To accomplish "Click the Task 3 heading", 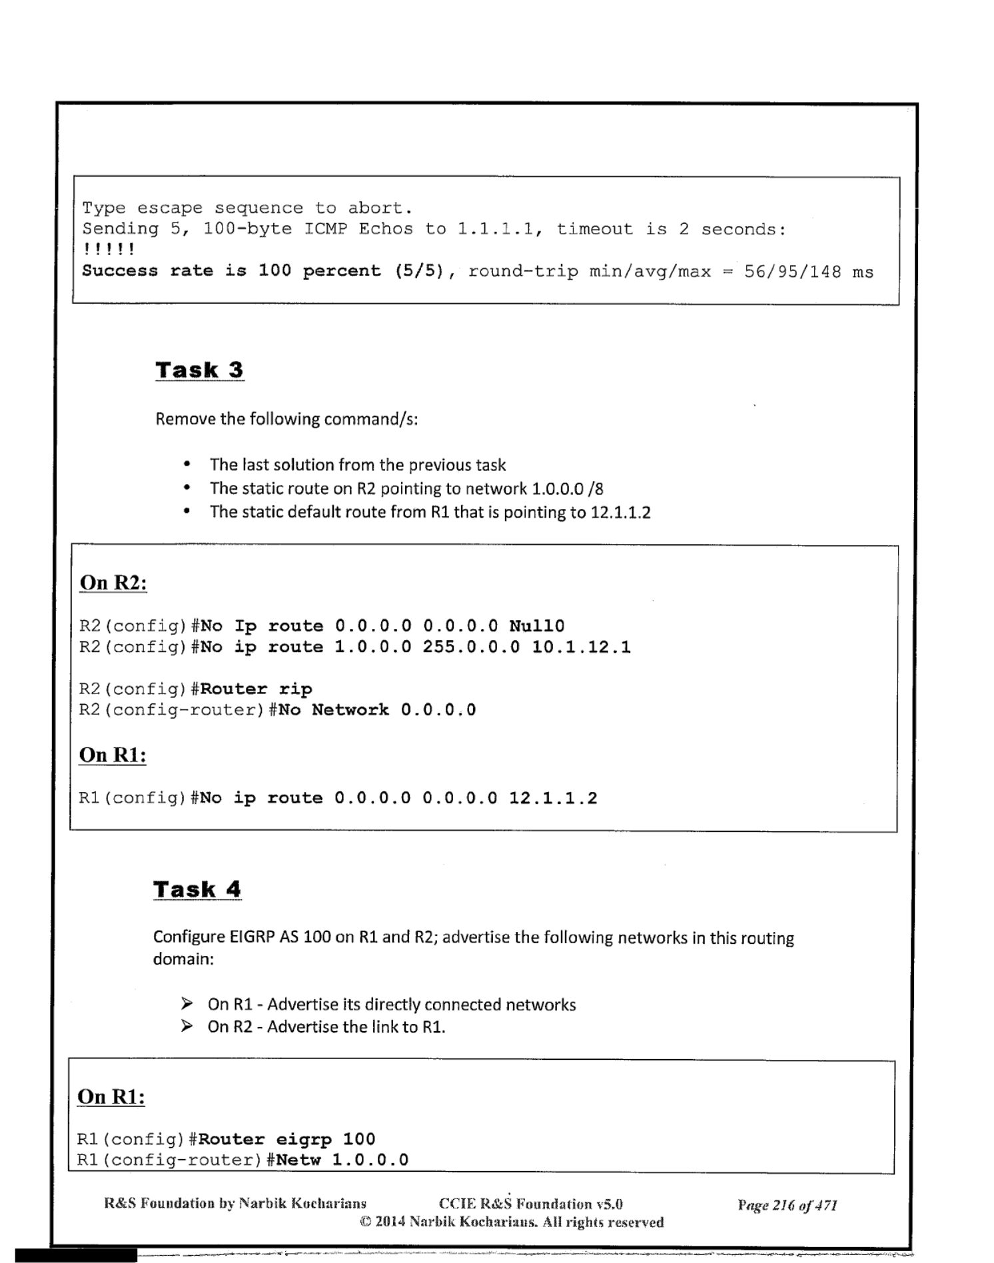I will (199, 370).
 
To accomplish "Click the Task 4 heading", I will (197, 889).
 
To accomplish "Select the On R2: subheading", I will (113, 583).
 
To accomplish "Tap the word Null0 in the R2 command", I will (536, 626).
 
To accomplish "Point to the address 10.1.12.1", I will (581, 647).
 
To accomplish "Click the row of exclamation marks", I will (109, 250).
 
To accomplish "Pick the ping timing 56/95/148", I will (793, 272).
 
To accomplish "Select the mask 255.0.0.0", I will (471, 647).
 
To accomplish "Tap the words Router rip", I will (256, 689).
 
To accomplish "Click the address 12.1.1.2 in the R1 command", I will (553, 798).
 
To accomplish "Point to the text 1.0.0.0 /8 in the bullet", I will (567, 489).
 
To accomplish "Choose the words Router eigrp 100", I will (286, 1139).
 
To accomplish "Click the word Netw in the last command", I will (298, 1160).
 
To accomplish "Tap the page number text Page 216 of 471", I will (787, 1205).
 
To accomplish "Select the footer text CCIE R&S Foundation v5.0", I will (530, 1204).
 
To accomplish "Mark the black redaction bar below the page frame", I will (76, 1256).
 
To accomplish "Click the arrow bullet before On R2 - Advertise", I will (187, 1027).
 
